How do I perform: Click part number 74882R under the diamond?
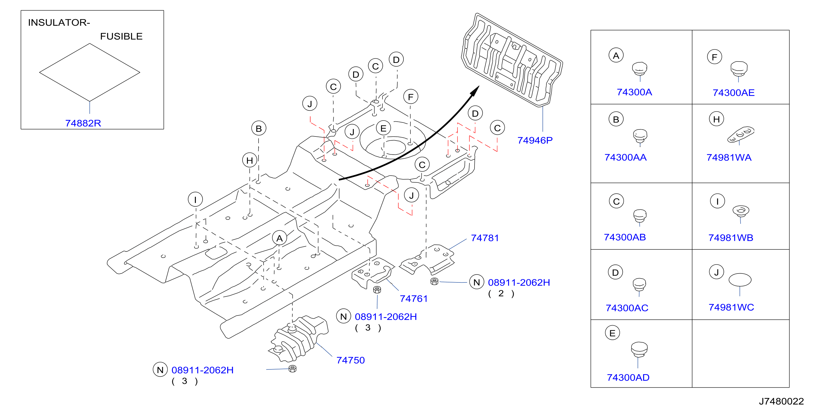coord(83,123)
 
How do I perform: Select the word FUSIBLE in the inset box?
coord(121,36)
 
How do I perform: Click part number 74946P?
coord(535,140)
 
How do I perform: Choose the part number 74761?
coord(414,298)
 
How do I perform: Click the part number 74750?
coord(351,360)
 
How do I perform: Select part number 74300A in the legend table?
coord(635,92)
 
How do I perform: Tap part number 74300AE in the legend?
coord(733,93)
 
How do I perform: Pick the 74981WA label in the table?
coord(729,157)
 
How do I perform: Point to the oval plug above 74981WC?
coord(740,280)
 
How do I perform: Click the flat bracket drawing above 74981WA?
coord(741,134)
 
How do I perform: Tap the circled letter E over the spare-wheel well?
coord(383,128)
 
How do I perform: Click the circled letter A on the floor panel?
coord(280,238)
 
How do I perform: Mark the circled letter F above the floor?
coord(410,97)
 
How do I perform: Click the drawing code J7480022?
coord(781,401)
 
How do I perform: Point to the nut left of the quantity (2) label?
coord(434,281)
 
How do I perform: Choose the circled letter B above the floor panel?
coord(259,128)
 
